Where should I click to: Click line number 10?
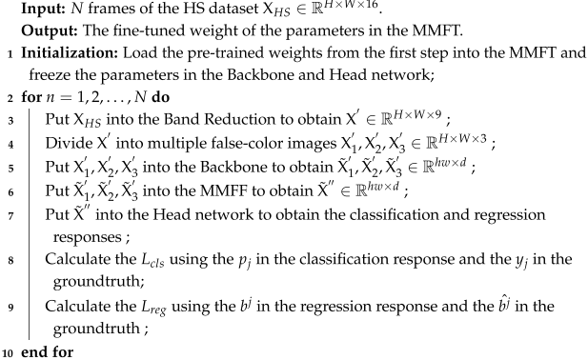click(x=8, y=351)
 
